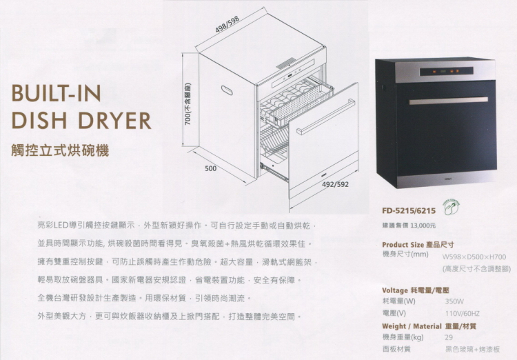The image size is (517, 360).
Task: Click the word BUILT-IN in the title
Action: [56, 93]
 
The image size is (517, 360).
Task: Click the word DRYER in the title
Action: [115, 120]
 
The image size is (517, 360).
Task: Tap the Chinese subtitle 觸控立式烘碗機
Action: [61, 150]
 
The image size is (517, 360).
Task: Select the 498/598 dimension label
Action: [227, 24]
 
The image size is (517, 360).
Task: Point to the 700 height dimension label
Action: [188, 103]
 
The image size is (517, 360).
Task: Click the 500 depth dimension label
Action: [211, 168]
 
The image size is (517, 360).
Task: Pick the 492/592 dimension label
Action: [335, 184]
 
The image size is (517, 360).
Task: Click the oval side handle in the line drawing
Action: [227, 90]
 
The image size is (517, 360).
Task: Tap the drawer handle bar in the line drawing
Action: [326, 117]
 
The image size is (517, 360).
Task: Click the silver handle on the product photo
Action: [449, 101]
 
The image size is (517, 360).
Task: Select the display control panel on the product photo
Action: [447, 71]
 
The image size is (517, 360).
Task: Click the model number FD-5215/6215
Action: [409, 210]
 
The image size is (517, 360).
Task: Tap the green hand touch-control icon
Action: [451, 207]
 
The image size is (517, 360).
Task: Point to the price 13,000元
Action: [423, 226]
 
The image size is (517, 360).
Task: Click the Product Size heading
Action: [403, 245]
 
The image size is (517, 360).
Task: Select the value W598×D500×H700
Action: [474, 257]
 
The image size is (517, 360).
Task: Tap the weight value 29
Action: [449, 337]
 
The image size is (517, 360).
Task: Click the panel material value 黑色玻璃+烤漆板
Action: [472, 349]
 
